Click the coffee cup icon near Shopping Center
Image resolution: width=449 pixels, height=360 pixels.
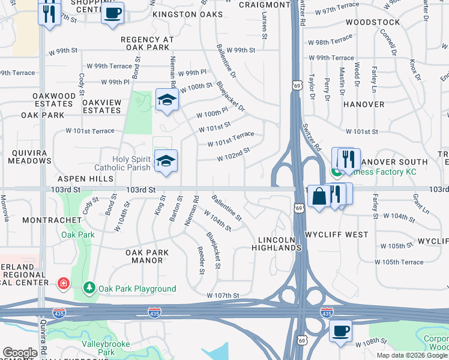[112, 13]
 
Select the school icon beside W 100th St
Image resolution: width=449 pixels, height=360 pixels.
[167, 100]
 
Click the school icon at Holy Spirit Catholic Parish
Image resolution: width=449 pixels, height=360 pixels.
[166, 160]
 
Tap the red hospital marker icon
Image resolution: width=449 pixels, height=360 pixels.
[62, 283]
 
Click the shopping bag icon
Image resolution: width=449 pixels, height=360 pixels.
[319, 195]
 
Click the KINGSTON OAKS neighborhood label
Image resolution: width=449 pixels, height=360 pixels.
[183, 14]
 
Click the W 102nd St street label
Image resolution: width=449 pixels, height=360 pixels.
[233, 155]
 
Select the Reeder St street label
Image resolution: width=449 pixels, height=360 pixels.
[201, 259]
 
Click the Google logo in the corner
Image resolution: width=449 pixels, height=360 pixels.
[20, 353]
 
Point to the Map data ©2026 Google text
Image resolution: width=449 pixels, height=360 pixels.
[412, 355]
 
